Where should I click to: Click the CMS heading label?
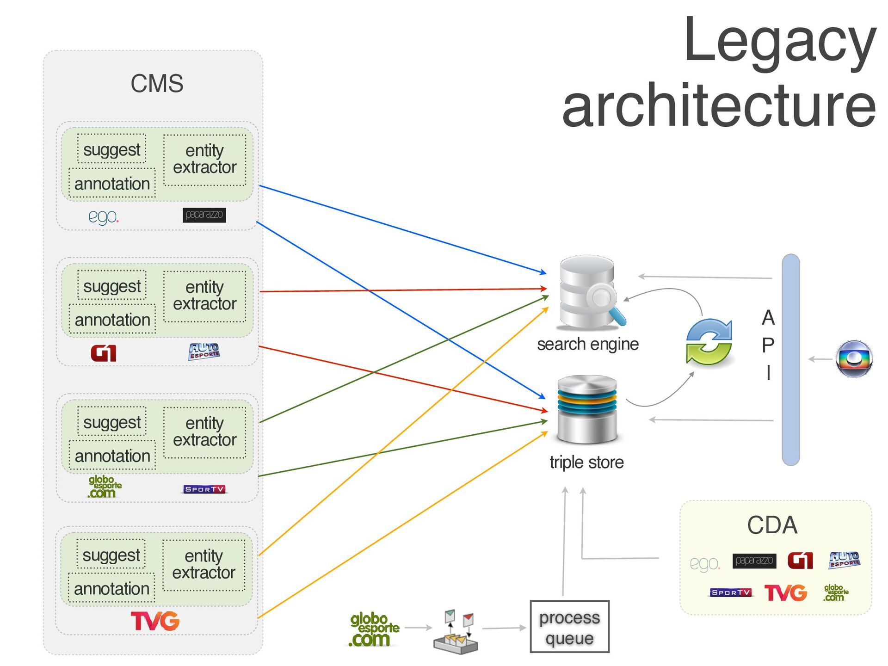157,84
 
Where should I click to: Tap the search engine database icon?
589,292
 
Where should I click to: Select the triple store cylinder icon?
587,409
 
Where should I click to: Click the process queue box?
569,627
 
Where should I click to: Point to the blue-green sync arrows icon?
709,341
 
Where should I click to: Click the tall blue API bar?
790,359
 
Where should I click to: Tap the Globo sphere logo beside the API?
854,359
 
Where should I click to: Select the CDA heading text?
772,525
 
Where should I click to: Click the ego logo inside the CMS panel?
103,216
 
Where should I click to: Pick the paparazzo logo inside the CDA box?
754,561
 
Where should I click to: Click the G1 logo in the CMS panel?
103,353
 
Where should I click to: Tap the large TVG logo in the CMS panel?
155,621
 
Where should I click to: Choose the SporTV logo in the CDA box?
731,592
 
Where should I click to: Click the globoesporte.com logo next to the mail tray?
374,629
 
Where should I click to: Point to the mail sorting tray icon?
456,632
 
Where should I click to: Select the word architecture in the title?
719,105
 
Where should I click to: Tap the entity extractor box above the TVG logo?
204,564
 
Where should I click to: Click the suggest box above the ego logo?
111,149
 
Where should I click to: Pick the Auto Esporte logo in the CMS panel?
204,351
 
